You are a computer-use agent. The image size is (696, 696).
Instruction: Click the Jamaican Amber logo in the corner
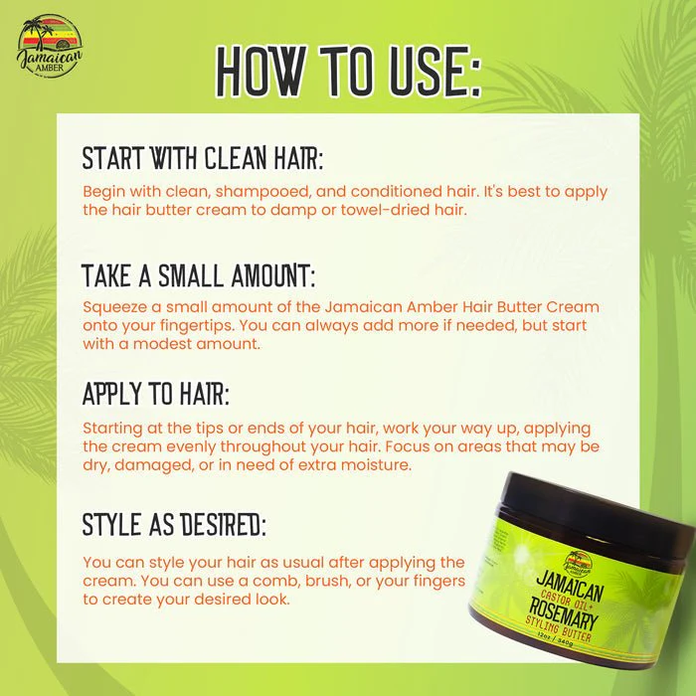click(50, 46)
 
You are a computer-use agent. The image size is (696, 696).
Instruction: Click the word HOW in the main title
click(261, 71)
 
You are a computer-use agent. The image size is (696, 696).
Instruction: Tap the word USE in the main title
click(429, 71)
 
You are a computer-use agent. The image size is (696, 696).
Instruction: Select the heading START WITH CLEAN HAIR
click(203, 158)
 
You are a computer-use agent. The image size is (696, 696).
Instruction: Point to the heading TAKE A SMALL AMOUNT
click(199, 275)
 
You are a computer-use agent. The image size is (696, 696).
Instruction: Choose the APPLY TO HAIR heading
click(156, 394)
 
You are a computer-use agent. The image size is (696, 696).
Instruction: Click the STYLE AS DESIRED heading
click(174, 524)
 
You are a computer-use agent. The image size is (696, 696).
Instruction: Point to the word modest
click(162, 344)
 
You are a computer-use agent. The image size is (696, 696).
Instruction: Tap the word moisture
click(382, 465)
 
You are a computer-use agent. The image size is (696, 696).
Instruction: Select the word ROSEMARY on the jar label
click(564, 613)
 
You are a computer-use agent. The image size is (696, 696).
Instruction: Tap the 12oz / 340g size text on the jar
click(555, 638)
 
